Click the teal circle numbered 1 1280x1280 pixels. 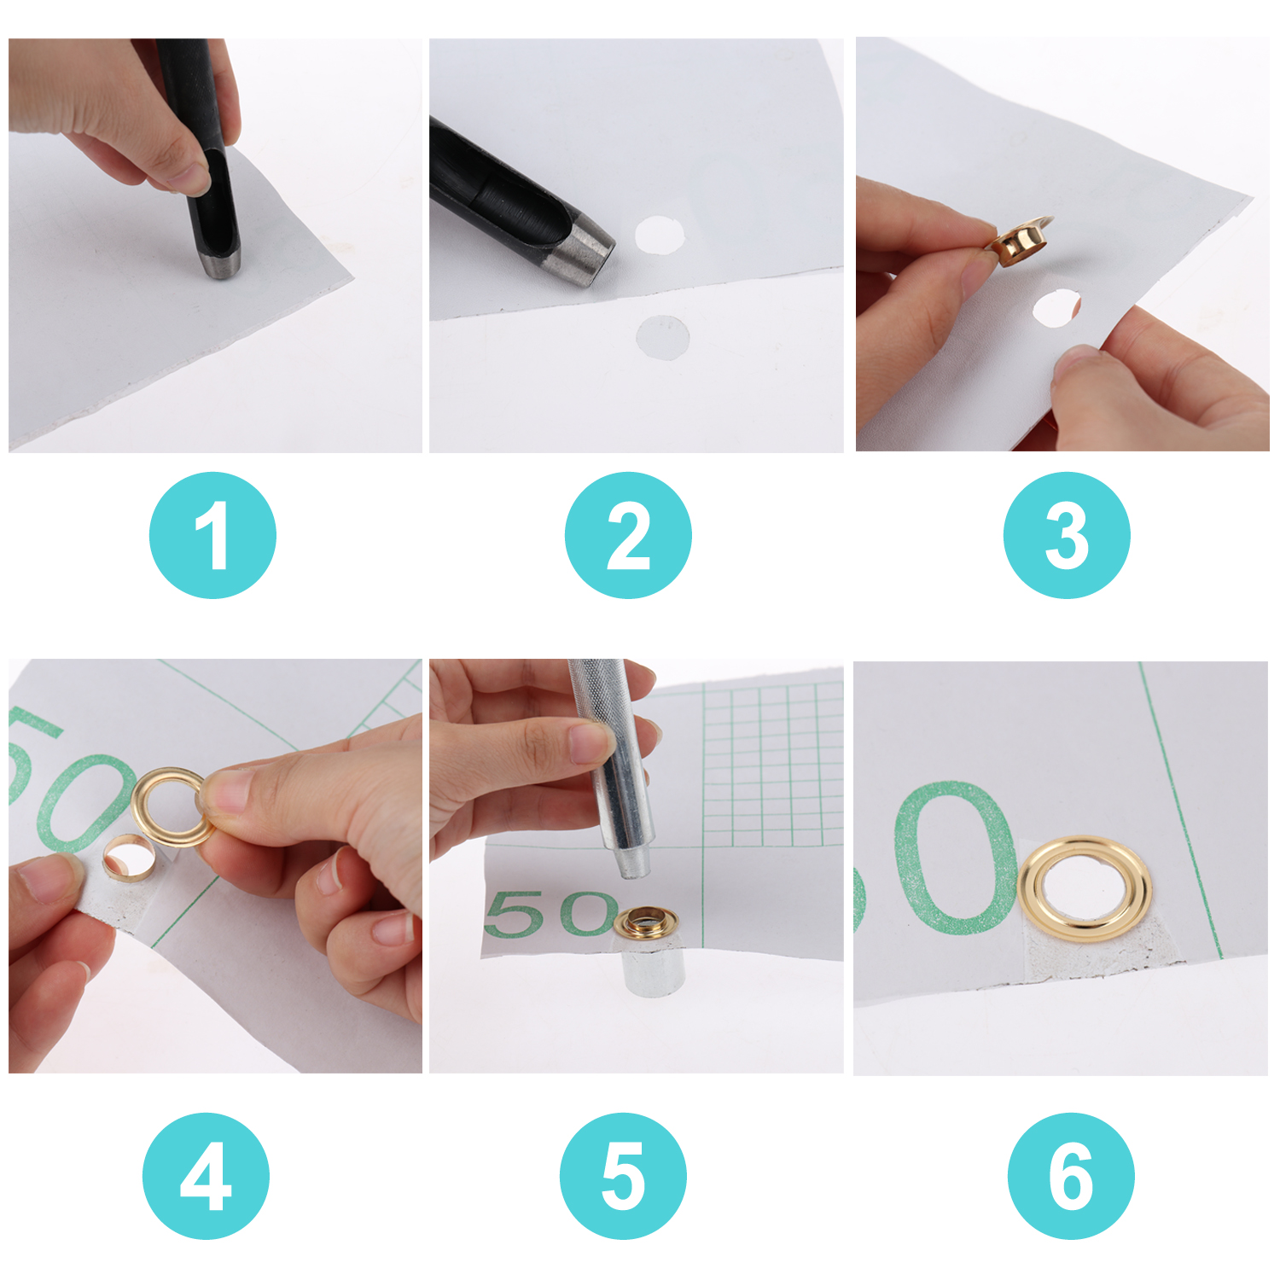(212, 535)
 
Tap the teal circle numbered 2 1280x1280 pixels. (628, 535)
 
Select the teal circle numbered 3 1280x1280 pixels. (1067, 535)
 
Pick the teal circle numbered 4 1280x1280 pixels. (206, 1176)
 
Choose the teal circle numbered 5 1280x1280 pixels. (623, 1176)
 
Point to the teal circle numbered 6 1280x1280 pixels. (1071, 1176)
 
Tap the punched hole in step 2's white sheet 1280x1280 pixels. (660, 234)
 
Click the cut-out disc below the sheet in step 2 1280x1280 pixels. (663, 336)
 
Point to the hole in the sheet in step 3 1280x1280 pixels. (1056, 307)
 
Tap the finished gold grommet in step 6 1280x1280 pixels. (1085, 889)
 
